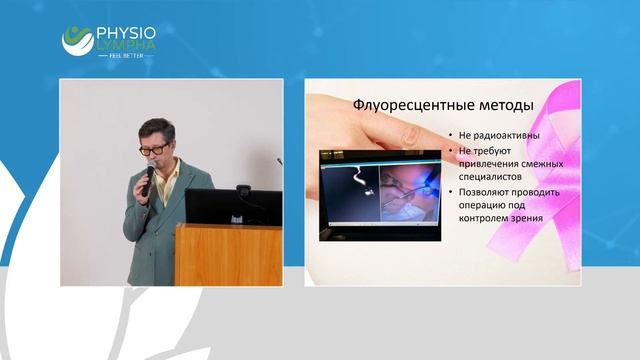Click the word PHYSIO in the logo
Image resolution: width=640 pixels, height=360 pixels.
pyautogui.click(x=126, y=31)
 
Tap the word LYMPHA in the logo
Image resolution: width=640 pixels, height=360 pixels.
pyautogui.click(x=126, y=45)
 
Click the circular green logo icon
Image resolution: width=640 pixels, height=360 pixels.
pyautogui.click(x=77, y=40)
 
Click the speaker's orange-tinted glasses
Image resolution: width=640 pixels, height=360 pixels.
pyautogui.click(x=154, y=149)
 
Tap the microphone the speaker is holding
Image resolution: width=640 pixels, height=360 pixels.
pyautogui.click(x=148, y=176)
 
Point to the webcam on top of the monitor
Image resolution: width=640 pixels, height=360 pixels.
pyautogui.click(x=243, y=190)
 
